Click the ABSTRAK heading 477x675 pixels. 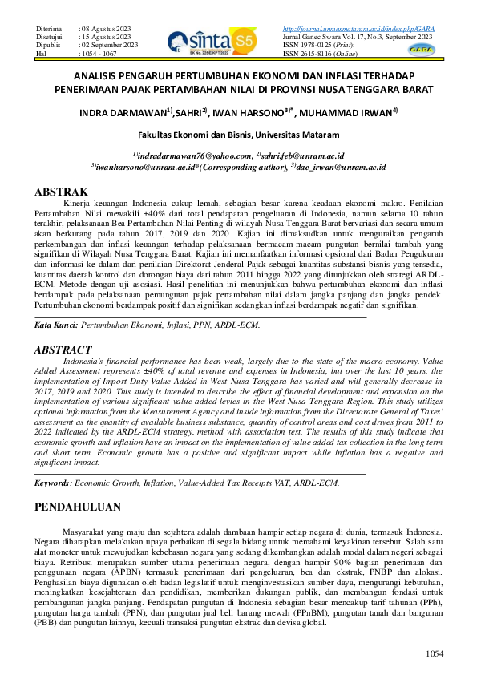[x=61, y=192]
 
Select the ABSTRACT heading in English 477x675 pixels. [x=64, y=350]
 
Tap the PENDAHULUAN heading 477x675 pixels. [x=79, y=507]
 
